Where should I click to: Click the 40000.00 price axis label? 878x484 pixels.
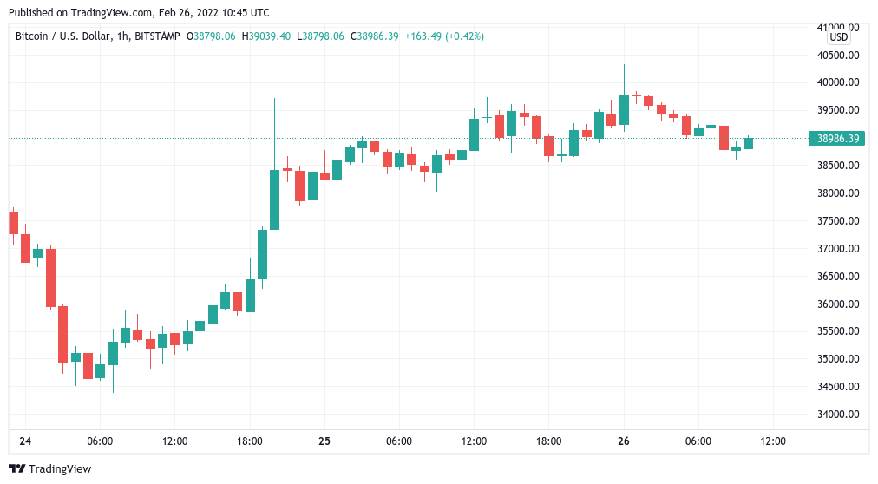[838, 82]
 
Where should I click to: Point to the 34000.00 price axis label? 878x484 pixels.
[838, 414]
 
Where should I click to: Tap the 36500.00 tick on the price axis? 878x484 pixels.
[838, 276]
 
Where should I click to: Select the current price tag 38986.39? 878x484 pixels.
[838, 138]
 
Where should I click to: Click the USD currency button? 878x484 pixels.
[839, 37]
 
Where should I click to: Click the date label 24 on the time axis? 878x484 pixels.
[25, 441]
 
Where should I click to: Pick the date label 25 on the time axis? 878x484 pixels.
[324, 441]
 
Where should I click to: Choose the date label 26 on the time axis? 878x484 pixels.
[623, 441]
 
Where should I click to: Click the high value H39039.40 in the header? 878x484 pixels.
[266, 36]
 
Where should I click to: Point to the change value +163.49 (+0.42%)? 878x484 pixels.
[444, 36]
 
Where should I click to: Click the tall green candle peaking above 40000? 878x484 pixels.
[624, 109]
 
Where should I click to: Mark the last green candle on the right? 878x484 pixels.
[748, 143]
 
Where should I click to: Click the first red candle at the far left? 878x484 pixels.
[13, 222]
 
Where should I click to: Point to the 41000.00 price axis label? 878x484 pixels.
[838, 27]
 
